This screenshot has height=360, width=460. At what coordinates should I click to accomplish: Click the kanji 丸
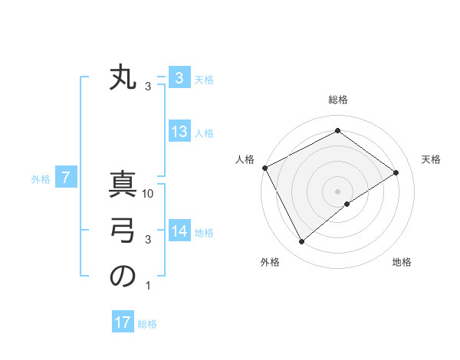click(123, 79)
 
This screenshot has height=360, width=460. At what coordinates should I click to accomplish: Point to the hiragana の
click(123, 277)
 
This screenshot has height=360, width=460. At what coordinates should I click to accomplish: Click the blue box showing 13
click(179, 132)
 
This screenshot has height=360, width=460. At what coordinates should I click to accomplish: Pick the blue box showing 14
click(179, 231)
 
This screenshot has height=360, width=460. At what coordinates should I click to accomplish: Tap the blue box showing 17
click(123, 322)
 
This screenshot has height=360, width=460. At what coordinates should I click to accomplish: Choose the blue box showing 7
click(66, 178)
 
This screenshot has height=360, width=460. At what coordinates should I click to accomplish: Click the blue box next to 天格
click(179, 78)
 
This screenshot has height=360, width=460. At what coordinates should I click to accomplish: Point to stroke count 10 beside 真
click(149, 194)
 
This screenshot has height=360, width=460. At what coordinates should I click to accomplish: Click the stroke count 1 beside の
click(149, 286)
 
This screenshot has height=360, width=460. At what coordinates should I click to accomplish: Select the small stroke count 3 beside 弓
click(149, 240)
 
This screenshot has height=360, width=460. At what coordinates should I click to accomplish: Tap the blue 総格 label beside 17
click(147, 324)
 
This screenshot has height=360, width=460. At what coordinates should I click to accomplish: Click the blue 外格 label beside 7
click(41, 179)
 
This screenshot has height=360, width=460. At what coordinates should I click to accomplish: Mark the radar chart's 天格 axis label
click(432, 159)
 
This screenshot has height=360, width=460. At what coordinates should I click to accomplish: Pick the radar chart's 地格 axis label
click(402, 262)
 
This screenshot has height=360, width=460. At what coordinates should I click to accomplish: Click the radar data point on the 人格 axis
click(264, 167)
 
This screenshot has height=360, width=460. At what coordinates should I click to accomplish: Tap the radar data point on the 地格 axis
click(347, 204)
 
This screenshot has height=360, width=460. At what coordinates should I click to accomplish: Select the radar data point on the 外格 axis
click(302, 242)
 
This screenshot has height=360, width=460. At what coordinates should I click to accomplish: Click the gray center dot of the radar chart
click(337, 191)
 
